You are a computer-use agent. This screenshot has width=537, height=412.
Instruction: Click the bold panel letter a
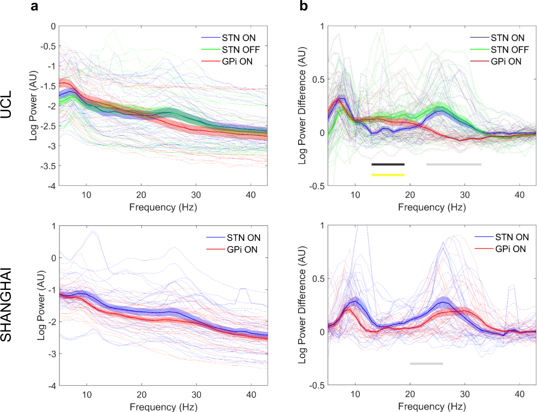click(x=34, y=6)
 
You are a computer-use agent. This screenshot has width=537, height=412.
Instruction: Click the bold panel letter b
click(x=304, y=6)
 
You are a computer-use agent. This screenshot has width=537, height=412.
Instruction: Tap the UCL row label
click(x=6, y=105)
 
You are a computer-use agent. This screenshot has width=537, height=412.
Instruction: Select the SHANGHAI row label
click(x=6, y=305)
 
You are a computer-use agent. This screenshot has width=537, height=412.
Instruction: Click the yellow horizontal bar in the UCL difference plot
click(x=388, y=175)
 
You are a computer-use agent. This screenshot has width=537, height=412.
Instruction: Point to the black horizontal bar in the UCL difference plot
click(x=388, y=164)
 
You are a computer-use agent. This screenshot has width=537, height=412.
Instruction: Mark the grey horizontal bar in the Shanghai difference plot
click(x=426, y=364)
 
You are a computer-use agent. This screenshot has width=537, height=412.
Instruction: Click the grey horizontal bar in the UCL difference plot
click(x=454, y=164)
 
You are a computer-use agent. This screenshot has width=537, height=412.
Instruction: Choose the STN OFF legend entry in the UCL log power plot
click(x=240, y=50)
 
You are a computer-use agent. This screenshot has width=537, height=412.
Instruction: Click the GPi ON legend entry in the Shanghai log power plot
click(x=242, y=249)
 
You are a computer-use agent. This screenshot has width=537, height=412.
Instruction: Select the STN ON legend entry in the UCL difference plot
click(x=507, y=38)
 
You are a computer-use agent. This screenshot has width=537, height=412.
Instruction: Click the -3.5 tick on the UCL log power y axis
click(x=48, y=166)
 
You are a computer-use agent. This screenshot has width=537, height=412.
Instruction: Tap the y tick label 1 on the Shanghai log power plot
click(x=54, y=226)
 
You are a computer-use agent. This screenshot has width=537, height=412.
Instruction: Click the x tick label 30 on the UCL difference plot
click(x=465, y=195)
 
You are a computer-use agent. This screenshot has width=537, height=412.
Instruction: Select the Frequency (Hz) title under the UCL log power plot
click(x=163, y=207)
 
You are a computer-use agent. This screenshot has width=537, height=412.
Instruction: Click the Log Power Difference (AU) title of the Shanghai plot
click(x=302, y=305)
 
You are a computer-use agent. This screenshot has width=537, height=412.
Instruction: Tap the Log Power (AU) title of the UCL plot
click(x=33, y=106)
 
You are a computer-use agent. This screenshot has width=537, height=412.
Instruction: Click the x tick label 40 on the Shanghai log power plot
click(x=251, y=395)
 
